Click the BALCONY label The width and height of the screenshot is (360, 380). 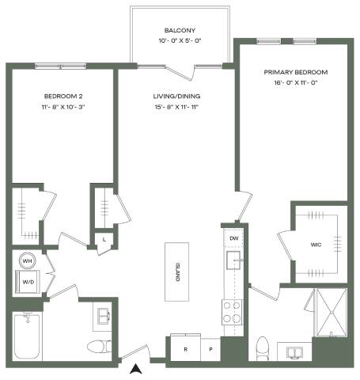pos(180,30)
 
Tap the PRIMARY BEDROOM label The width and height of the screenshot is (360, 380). pos(296,72)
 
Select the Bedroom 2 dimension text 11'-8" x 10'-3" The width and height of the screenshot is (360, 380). pos(63,107)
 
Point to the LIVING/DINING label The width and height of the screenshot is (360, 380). pos(176,96)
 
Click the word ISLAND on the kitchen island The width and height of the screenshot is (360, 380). pos(177,272)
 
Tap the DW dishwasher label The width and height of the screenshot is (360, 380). pos(234,238)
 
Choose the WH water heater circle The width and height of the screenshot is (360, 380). pos(28,261)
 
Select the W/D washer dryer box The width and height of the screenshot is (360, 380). pos(28,282)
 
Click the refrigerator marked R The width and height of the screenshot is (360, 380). pos(186,348)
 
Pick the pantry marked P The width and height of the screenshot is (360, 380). pos(210,349)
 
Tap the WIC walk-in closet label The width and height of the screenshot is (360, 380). pos(316,245)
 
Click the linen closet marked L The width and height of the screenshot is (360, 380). pos(104,240)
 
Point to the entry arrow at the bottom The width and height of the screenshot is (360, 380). pos(136,369)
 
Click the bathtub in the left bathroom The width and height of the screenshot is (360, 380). pos(28,336)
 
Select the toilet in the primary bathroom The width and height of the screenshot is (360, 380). pos(263,348)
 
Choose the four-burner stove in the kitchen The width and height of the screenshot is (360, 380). pos(232,312)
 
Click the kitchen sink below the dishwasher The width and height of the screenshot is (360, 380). pos(233,260)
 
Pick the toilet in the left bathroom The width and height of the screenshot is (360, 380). pos(99,347)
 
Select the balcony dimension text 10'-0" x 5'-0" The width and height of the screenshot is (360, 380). pos(180,40)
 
